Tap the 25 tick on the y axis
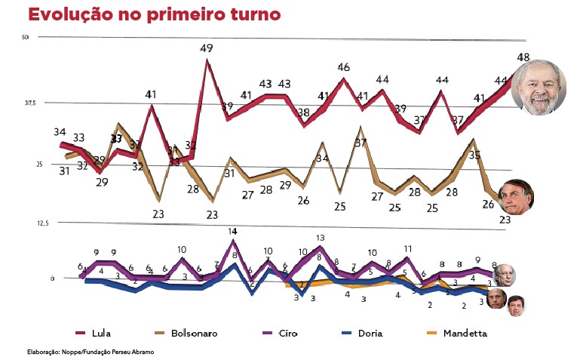click(x=28, y=163)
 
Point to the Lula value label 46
click(x=343, y=67)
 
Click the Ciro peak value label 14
click(x=233, y=231)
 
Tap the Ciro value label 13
click(x=321, y=237)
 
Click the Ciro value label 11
click(x=408, y=248)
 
